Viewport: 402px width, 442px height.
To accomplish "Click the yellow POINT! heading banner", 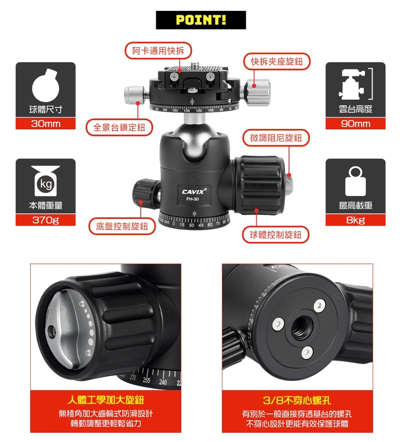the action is [201, 20].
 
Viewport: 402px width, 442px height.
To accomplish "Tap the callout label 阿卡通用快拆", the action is [158, 51].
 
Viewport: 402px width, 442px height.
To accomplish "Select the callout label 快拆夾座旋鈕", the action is [277, 62].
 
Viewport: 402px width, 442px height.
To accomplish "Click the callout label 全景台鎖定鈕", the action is [119, 127].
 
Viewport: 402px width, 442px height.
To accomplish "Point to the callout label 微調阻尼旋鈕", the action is [276, 138].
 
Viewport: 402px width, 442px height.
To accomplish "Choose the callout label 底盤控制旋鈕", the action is [122, 226].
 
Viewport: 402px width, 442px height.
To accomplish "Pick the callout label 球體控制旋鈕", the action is [276, 235].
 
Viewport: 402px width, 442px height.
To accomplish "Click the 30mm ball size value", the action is [46, 124].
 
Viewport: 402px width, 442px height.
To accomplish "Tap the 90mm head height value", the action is [356, 124].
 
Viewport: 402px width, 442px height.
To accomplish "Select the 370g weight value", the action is [46, 220].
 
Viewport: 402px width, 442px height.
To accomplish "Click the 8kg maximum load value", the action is [356, 220].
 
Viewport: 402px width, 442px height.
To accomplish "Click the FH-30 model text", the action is [192, 199].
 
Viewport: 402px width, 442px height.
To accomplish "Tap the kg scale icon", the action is [46, 181].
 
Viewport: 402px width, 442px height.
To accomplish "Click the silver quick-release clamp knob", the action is [257, 93].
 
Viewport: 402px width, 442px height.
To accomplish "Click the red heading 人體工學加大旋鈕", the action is [106, 400].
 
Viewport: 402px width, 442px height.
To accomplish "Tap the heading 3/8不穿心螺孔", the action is [297, 400].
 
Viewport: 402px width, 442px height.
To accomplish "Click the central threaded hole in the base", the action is [301, 327].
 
